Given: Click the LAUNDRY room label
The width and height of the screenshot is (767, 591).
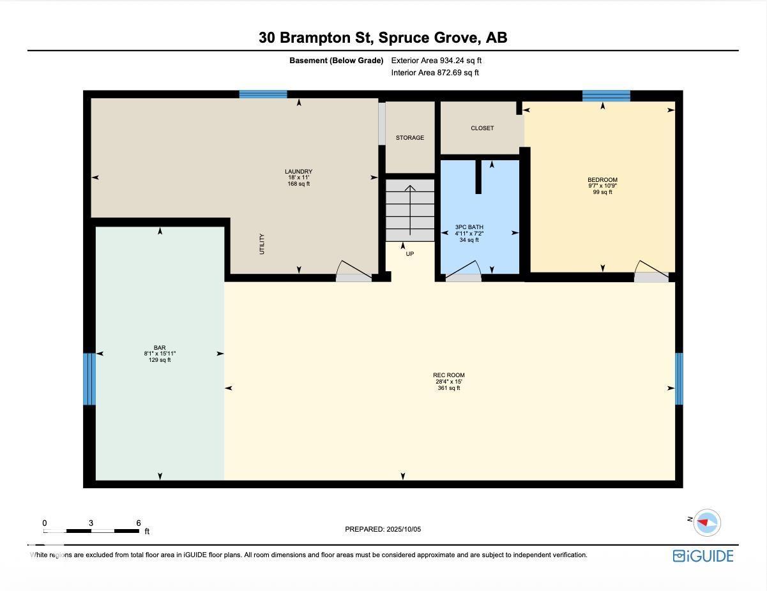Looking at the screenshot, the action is [299, 172].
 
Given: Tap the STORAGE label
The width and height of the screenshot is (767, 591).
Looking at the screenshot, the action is [410, 137].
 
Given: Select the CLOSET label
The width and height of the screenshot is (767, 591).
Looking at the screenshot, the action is [482, 128].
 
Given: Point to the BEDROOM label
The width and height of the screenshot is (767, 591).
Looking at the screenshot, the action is [602, 180].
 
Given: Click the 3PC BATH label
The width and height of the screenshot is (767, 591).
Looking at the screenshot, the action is [469, 227].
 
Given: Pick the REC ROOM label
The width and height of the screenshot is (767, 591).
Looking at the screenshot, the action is [448, 375].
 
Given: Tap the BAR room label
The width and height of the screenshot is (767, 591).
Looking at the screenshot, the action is [160, 348].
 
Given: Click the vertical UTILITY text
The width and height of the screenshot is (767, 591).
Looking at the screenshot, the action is [262, 244].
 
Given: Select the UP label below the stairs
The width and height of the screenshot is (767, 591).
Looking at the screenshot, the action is [409, 254].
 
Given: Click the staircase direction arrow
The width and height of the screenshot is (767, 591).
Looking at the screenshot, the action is [410, 210].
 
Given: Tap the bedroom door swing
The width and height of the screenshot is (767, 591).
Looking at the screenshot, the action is [651, 269].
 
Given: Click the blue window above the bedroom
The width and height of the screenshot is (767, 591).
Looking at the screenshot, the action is [606, 96].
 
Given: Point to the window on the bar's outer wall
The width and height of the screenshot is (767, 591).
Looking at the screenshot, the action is [89, 379].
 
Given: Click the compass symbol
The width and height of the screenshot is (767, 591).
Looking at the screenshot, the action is [706, 523].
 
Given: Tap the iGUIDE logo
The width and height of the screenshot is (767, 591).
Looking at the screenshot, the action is [702, 556].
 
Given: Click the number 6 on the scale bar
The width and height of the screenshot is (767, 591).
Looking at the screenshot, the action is [139, 523].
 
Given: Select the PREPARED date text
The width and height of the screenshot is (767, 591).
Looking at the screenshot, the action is [383, 529].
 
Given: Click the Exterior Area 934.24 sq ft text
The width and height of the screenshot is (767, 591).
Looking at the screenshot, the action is [436, 60].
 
